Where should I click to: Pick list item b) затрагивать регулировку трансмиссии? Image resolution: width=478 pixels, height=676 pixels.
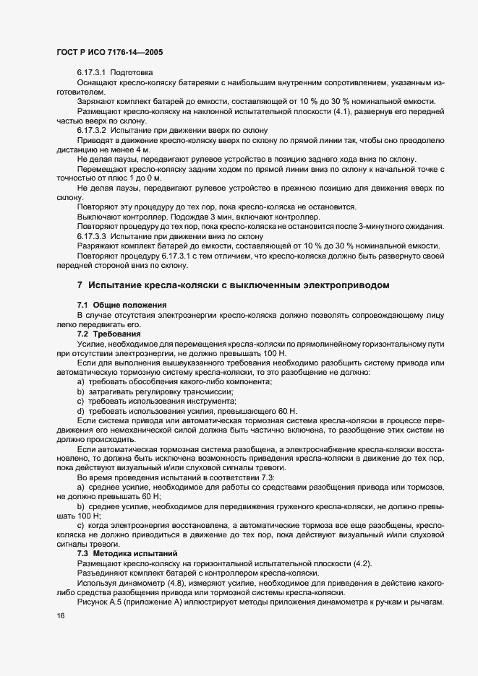pyautogui.click(x=160, y=391)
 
